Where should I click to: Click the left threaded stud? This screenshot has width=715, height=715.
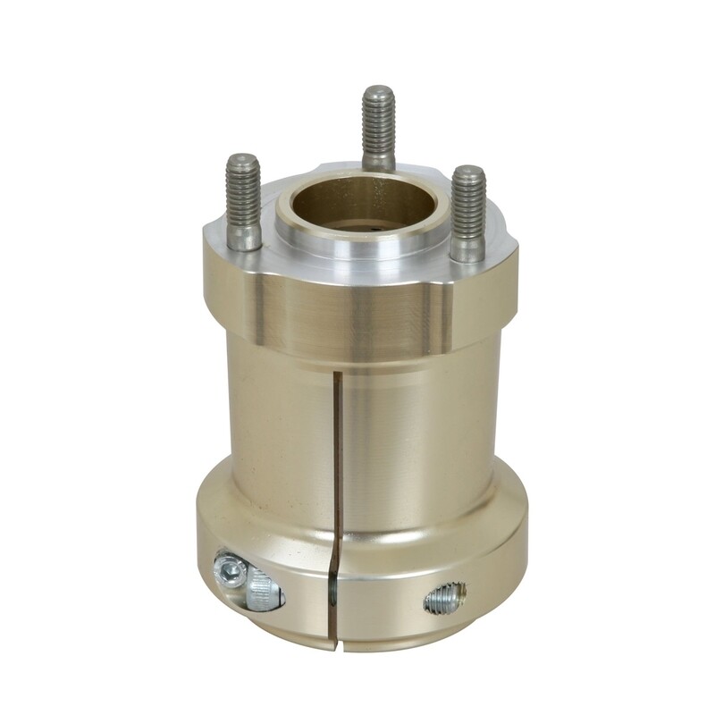pos(243,192)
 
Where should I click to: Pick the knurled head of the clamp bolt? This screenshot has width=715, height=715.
pos(262,591)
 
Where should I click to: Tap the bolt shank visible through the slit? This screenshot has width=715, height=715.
pos(332,589)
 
